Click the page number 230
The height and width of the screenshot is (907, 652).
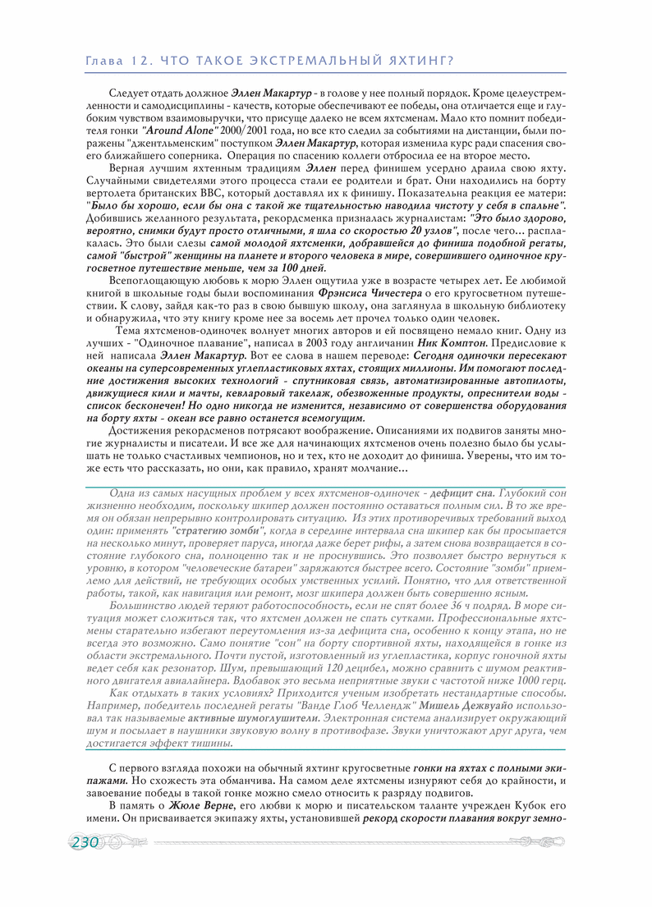85,843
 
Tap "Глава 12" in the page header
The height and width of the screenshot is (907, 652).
117,60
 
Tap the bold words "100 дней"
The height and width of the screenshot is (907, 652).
302,268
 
